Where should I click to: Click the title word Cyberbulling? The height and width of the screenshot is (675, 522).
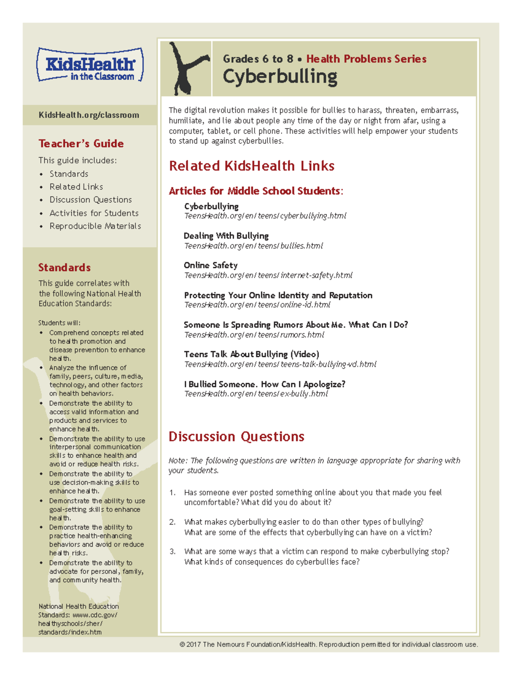point(280,77)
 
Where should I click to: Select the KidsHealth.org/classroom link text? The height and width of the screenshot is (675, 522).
point(89,115)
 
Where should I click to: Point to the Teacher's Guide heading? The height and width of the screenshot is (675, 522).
point(81,143)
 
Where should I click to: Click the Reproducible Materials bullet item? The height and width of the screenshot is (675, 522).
point(95,226)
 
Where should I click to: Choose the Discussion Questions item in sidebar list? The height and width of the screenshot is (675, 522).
point(90,200)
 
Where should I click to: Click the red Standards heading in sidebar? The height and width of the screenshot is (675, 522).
point(64,267)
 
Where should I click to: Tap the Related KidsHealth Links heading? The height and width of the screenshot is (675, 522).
point(251,166)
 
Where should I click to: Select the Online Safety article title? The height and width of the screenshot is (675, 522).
point(211,265)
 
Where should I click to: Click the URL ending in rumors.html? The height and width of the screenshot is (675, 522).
point(254,335)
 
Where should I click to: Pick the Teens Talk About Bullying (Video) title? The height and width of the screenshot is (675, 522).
point(251,354)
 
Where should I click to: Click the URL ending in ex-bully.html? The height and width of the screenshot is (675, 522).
point(256,394)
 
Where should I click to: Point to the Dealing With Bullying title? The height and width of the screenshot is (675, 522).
point(226,236)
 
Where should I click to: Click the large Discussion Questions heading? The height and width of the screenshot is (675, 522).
point(236,436)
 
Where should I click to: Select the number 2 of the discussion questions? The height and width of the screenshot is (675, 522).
point(172,522)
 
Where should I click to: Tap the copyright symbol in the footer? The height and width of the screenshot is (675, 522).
point(182,645)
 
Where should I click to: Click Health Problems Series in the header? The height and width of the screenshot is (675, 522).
point(366,59)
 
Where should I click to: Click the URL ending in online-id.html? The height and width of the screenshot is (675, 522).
point(257,305)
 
